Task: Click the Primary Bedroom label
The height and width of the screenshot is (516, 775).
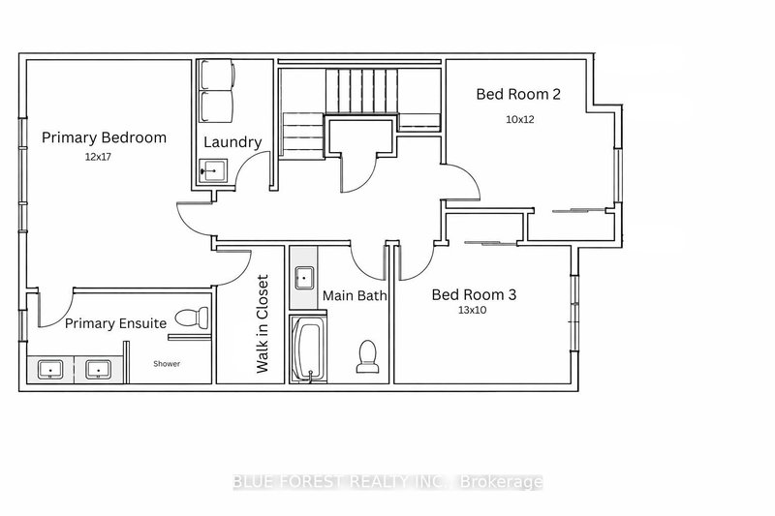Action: tap(104, 137)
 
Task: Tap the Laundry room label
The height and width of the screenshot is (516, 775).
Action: tap(232, 142)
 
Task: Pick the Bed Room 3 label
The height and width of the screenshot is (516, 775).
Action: tap(473, 293)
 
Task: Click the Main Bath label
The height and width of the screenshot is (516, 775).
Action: tap(355, 296)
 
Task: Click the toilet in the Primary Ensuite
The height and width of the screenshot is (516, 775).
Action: tap(199, 316)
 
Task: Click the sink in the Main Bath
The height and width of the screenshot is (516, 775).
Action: tap(303, 274)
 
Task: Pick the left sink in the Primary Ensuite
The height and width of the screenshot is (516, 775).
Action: tap(50, 369)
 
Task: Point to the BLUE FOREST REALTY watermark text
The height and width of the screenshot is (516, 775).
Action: tap(387, 481)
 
